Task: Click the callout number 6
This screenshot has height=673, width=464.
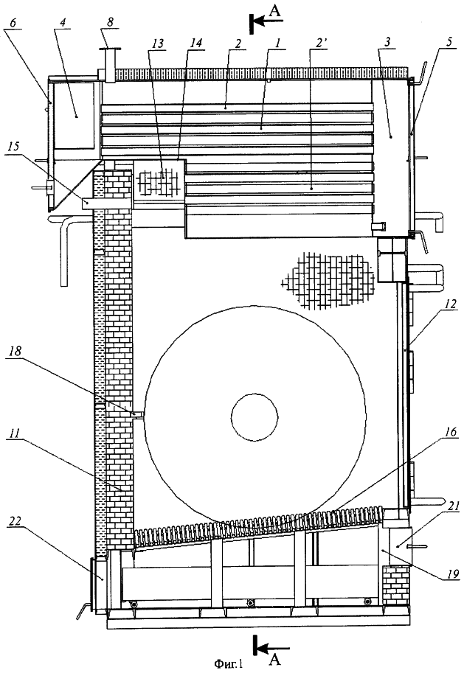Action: (13, 22)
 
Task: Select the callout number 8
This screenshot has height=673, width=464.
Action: (111, 22)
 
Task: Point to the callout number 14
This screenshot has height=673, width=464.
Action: (196, 43)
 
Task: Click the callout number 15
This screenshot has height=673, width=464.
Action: (14, 147)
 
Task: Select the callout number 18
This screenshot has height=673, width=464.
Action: (14, 352)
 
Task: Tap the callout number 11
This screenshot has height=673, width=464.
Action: (14, 433)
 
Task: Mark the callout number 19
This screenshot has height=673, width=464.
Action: (452, 573)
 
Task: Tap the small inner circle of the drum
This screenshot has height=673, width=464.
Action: (254, 416)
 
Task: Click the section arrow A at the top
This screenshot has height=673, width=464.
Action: (265, 20)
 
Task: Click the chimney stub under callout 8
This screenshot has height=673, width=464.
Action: (108, 64)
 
